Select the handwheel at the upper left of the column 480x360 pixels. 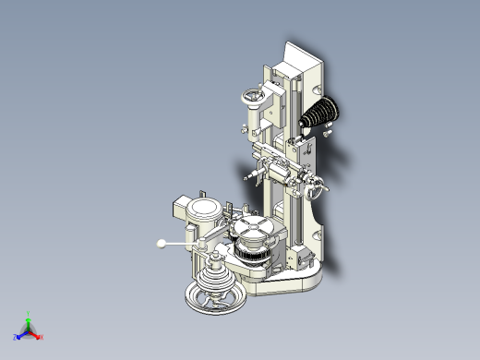[x=252, y=95]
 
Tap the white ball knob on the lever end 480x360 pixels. [x=162, y=244]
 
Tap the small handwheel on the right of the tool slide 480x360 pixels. [x=319, y=191]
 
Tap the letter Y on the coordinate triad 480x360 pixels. [x=29, y=313]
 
